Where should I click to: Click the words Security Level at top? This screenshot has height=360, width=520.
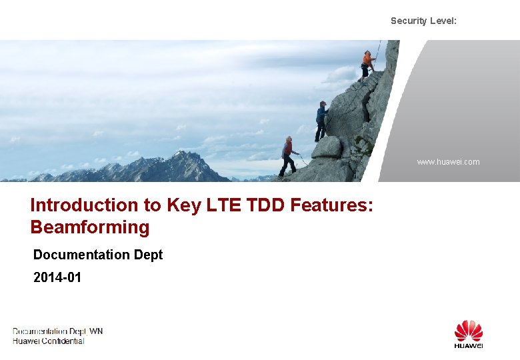(x=423, y=21)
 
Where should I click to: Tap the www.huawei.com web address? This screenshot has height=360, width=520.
(x=448, y=162)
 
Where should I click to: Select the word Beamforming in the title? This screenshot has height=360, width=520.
(x=90, y=227)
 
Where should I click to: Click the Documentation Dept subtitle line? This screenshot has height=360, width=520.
(x=98, y=255)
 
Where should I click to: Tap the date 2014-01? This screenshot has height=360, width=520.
(x=57, y=277)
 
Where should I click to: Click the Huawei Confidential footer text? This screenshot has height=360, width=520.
(x=49, y=341)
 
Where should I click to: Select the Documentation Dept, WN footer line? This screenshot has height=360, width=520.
(x=58, y=331)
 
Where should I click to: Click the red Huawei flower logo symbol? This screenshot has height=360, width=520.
(x=469, y=331)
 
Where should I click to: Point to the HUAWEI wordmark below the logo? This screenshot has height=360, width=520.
(x=469, y=345)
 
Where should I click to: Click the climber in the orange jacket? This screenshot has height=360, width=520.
(x=367, y=64)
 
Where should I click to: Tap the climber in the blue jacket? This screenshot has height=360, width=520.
(x=322, y=120)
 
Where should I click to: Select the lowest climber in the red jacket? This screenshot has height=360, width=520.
(x=288, y=155)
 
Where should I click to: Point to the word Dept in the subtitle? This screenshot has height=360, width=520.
(x=147, y=255)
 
